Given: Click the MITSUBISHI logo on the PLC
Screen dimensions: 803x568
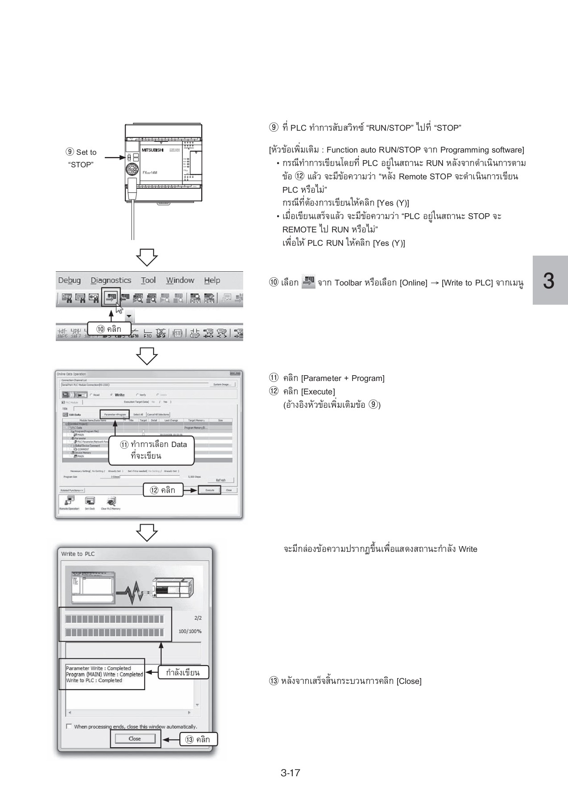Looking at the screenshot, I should [152, 150].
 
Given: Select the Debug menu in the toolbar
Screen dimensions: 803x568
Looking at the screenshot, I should [69, 280].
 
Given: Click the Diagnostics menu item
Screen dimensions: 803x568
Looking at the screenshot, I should [111, 280].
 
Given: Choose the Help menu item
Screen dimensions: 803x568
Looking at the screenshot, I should [212, 280].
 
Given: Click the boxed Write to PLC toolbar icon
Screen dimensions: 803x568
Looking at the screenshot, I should [111, 297].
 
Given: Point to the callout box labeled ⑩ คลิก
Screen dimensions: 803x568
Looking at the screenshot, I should [109, 329].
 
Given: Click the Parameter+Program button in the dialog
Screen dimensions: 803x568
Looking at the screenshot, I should [115, 414].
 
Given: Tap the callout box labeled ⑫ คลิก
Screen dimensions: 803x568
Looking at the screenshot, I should [163, 490].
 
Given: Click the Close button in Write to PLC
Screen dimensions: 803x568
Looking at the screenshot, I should [134, 738].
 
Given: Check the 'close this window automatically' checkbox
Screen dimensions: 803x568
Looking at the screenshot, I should [69, 726].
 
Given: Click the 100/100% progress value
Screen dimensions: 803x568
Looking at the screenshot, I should [190, 631].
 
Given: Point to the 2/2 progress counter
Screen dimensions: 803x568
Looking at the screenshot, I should [198, 618].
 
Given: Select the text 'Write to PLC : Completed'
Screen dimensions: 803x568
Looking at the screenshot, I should [94, 680].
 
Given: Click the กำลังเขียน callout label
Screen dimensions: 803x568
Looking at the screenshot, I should [182, 672].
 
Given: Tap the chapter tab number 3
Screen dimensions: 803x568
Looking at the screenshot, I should [549, 281].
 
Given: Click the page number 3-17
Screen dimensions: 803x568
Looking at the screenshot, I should [290, 773].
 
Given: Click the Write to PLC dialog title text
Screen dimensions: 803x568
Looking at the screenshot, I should [78, 554].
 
